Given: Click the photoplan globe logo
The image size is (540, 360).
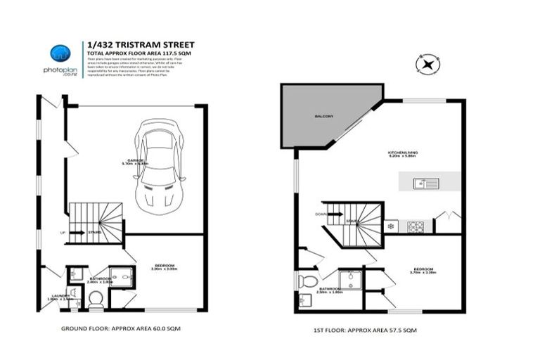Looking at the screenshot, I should (x=60, y=53).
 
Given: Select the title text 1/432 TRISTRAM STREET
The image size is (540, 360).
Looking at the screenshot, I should (x=140, y=44).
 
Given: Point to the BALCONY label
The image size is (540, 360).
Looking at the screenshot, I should (x=323, y=116).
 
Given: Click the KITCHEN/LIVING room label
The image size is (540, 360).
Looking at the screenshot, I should (x=403, y=153).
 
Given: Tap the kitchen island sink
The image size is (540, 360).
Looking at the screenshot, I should (x=427, y=184).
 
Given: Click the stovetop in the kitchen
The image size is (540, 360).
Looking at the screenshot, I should (x=416, y=226).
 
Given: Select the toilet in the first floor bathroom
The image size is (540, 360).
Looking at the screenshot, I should (x=308, y=281).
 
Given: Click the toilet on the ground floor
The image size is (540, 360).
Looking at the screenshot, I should (x=96, y=300).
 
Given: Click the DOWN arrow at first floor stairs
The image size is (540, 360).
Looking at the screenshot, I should (x=321, y=214).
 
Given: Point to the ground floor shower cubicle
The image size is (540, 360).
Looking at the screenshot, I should (x=122, y=277).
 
